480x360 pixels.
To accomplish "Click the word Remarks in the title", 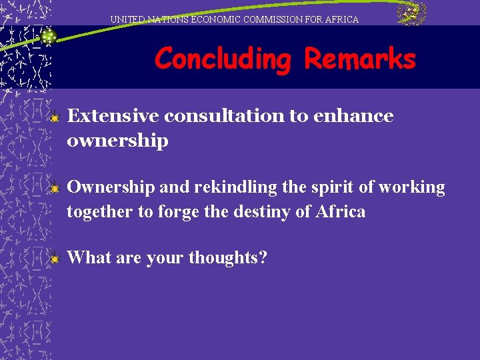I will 360,59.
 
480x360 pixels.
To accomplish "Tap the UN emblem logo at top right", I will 411,14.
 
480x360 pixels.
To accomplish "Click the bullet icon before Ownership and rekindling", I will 56,189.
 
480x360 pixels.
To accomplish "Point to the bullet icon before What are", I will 56,258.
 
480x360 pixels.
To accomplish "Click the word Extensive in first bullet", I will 113,116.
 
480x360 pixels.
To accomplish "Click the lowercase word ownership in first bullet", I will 117,141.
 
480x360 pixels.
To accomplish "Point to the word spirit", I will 333,187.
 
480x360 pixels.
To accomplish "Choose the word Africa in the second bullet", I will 342,212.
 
